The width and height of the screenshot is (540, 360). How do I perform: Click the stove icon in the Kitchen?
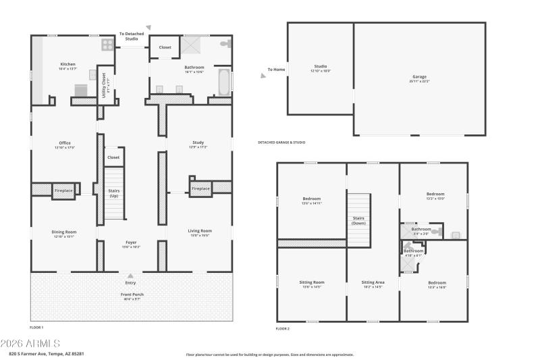[x=107, y=45]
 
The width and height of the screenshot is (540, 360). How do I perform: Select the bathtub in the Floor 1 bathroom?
[x=223, y=82]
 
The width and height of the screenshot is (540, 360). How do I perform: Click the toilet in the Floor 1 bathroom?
[x=227, y=43]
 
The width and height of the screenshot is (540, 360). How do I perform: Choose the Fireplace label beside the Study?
[x=200, y=188]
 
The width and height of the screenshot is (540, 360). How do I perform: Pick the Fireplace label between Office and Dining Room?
[x=63, y=191]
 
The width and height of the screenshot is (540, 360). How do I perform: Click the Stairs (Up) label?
[x=114, y=193]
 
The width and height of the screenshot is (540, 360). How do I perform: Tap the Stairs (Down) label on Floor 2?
[x=358, y=220]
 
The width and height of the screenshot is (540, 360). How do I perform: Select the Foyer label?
[x=131, y=242]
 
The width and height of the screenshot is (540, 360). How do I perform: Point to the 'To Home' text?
[x=276, y=70]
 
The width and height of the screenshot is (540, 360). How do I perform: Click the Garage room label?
[x=419, y=77]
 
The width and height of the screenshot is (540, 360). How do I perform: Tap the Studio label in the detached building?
[x=320, y=66]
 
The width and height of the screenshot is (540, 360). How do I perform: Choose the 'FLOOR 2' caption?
[x=282, y=329]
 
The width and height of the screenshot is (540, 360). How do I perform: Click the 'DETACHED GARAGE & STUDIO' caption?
[x=281, y=143]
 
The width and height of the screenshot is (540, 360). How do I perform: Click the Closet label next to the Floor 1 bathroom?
[x=165, y=47]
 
